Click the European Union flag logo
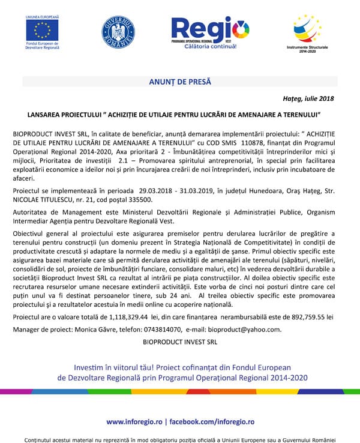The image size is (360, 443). point(43,31)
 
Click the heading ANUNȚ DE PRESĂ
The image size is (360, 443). point(180,81)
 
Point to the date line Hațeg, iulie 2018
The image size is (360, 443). point(308,98)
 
